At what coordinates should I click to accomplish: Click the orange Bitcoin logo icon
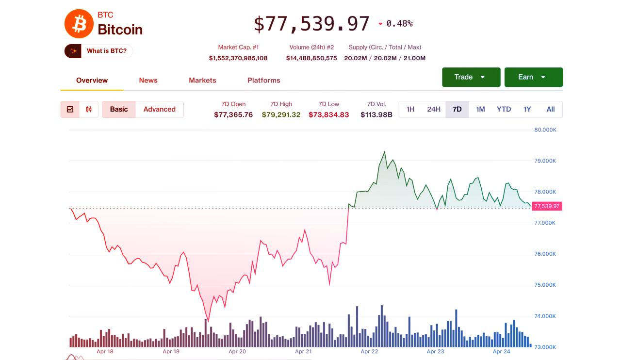coord(79,24)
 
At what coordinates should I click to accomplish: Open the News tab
coord(148,80)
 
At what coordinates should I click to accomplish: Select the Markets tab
coord(202,80)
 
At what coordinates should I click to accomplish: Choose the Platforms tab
coord(263,80)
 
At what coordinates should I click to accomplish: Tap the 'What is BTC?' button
coord(98,51)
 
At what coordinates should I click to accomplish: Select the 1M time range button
coord(480,109)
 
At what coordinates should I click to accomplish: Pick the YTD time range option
coord(504,109)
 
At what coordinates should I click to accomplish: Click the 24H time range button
coord(434,109)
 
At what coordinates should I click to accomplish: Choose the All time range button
coord(550,109)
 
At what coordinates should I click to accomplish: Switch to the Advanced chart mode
coord(159,109)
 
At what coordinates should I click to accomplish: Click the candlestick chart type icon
coord(89,109)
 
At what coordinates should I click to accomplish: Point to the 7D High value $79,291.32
coord(281,115)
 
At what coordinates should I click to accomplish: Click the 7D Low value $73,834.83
coord(328,115)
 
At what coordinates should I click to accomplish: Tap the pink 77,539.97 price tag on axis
coord(547,206)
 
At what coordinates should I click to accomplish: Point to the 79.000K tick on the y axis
coord(545,161)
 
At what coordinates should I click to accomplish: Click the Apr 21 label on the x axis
coord(303,351)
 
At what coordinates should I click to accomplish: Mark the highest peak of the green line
coord(385,152)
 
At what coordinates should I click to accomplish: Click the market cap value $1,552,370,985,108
coord(238,58)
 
